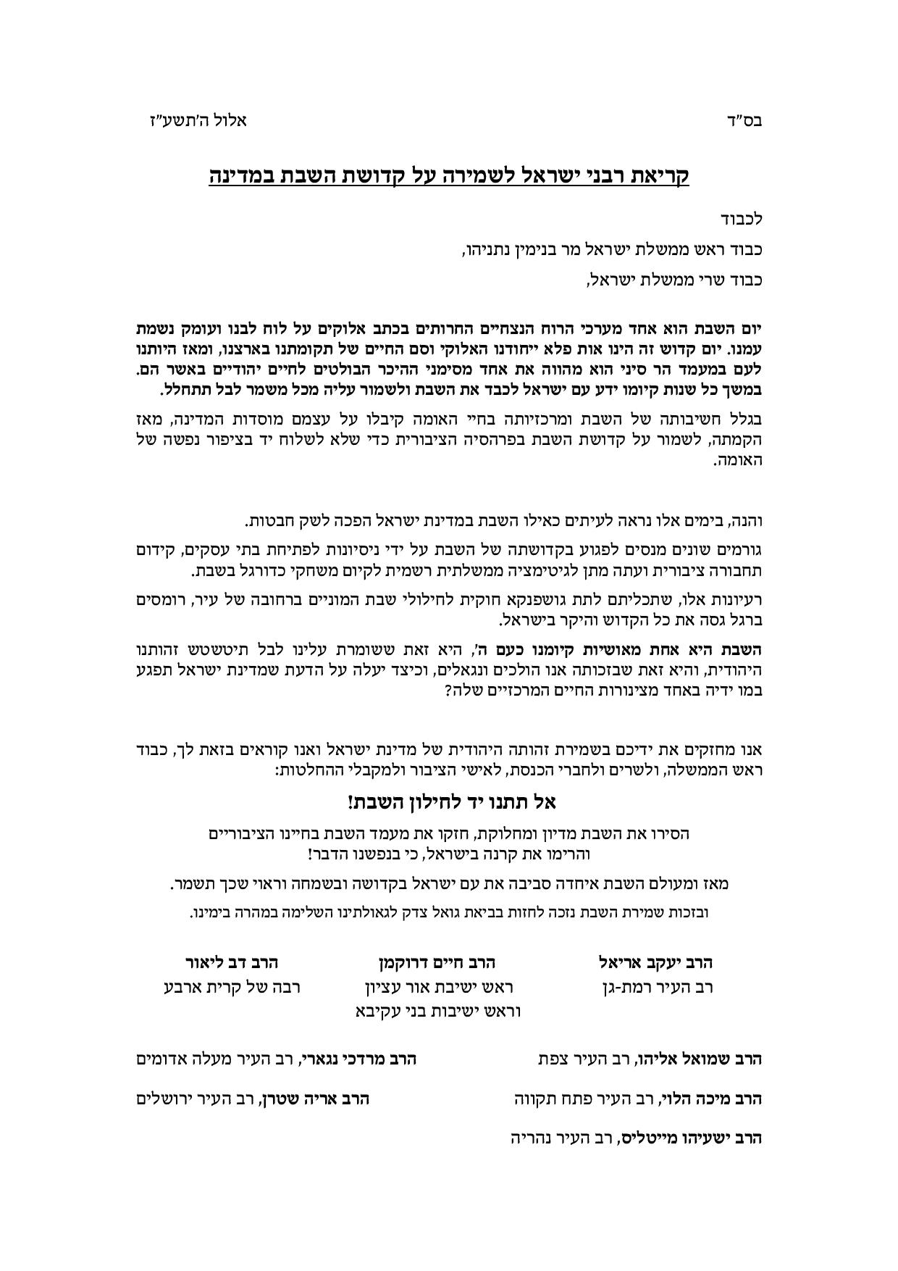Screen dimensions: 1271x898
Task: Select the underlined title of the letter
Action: click(449, 177)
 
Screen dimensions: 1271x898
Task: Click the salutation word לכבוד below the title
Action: click(742, 217)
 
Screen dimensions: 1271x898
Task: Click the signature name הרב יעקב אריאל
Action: click(656, 962)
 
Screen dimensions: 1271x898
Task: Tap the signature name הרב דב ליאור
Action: click(232, 962)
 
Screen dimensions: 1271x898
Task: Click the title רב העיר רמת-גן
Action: click(658, 987)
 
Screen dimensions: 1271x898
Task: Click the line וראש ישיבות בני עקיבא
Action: click(438, 1011)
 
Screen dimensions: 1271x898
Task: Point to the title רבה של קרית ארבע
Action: click(232, 987)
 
